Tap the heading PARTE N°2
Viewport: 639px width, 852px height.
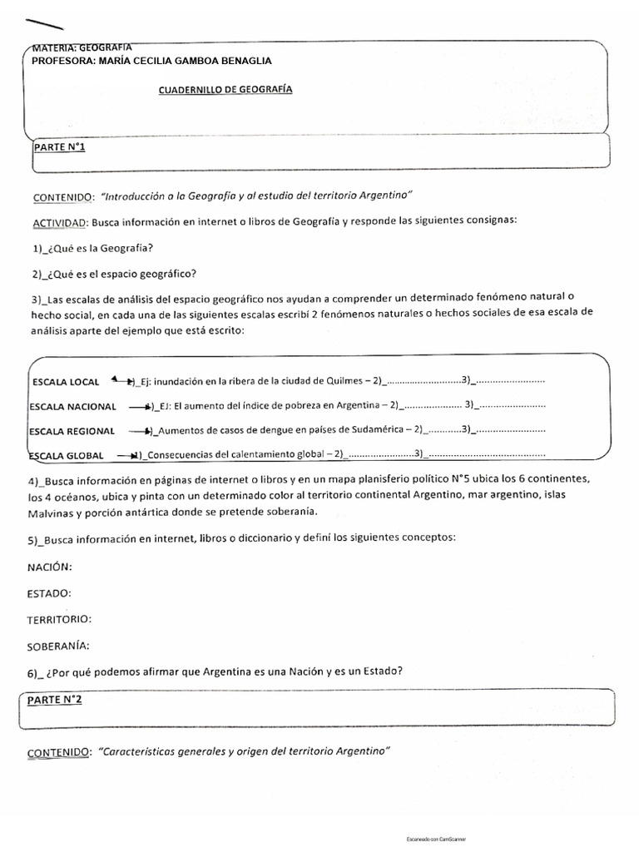tap(55, 700)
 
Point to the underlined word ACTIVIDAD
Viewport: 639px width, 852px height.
tap(58, 222)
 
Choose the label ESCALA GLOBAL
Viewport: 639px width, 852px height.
tap(67, 456)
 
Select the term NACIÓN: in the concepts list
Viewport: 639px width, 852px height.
tap(50, 567)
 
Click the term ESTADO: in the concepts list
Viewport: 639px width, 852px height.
tap(49, 593)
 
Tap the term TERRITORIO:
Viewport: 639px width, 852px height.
tap(60, 620)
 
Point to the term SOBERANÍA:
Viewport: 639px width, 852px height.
tap(58, 646)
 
